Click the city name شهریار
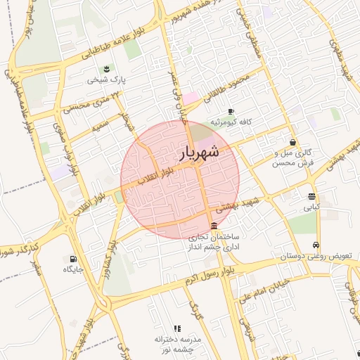199,153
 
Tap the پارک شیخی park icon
105,68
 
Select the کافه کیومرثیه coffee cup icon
231,111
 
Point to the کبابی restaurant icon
311,196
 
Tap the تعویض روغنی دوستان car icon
317,245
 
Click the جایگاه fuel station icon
74,258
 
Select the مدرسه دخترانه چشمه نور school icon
177,328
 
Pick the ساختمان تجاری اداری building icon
214,225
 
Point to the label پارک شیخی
106,80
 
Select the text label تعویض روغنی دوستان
316,257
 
